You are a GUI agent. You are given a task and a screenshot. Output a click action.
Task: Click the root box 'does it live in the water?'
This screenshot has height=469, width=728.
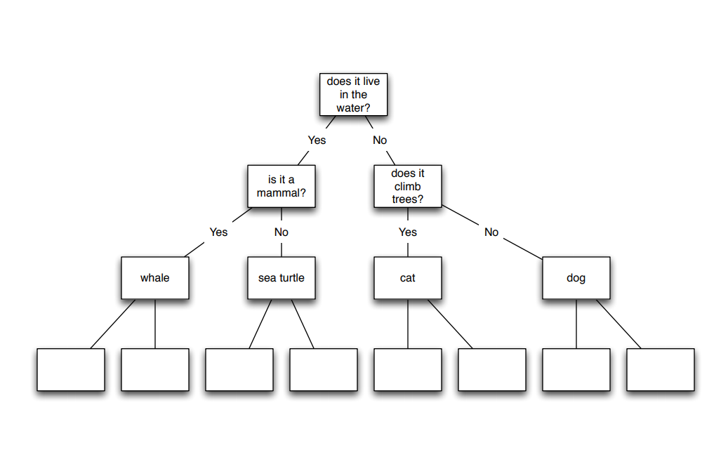tap(353, 95)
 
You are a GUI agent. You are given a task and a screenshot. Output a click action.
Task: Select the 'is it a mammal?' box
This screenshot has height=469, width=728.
tap(282, 186)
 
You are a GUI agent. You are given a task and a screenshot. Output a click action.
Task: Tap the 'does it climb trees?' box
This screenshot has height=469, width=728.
tap(408, 186)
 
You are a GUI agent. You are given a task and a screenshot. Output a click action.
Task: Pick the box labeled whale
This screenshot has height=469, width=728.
tap(155, 278)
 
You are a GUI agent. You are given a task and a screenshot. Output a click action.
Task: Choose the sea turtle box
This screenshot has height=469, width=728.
tap(282, 278)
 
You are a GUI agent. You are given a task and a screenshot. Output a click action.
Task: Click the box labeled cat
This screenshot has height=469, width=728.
tap(408, 278)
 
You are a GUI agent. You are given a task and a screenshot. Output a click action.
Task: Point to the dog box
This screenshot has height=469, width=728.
tap(576, 278)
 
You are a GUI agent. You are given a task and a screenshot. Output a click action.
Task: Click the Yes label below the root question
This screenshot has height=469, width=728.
tap(317, 140)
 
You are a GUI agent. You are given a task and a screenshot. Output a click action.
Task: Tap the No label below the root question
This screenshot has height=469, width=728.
tap(380, 140)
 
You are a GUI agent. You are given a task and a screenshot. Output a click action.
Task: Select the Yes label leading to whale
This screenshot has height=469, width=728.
tap(218, 232)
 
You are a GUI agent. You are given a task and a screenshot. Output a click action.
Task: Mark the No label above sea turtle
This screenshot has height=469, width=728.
tap(282, 232)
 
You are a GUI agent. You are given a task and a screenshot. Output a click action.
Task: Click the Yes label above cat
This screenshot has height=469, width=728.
tap(408, 232)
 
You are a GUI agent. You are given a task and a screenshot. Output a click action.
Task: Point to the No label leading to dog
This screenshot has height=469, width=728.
tap(491, 232)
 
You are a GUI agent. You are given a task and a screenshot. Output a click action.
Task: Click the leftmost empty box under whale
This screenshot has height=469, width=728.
tap(71, 369)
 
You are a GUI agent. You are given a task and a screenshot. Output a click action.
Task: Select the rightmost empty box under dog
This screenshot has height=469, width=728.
tap(661, 369)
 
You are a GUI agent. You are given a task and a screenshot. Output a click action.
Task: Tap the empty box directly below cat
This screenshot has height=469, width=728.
tap(408, 369)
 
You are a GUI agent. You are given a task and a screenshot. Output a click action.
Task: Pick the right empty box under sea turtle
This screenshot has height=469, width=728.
tap(324, 369)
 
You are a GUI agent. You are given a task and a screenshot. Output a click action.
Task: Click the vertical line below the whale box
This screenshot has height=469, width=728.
tap(155, 324)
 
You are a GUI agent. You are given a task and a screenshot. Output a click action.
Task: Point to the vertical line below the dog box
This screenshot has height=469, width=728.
tap(576, 324)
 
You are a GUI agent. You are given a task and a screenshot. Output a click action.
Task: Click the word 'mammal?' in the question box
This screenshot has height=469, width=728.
tap(282, 193)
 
